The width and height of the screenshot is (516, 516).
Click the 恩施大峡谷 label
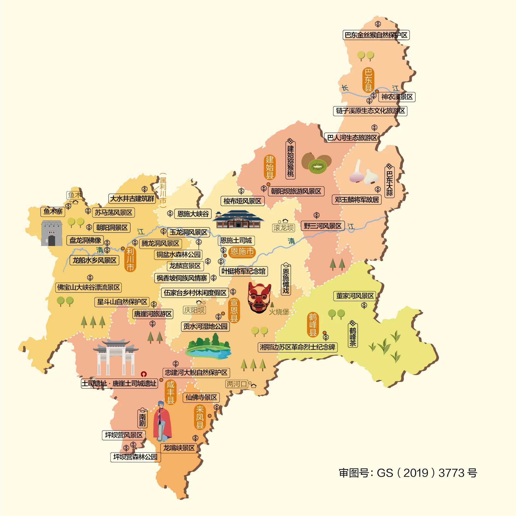click(x=193, y=213)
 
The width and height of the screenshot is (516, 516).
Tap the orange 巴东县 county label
click(x=368, y=80)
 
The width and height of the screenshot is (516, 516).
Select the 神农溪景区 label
click(x=397, y=97)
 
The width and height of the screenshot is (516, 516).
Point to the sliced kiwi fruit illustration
click(x=317, y=164)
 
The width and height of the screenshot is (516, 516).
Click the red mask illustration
click(x=259, y=298)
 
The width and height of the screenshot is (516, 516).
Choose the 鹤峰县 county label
click(x=313, y=325)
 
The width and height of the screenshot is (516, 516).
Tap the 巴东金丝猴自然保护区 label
click(x=376, y=35)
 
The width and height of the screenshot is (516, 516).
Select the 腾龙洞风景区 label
click(x=160, y=243)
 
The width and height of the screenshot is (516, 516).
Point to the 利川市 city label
click(x=130, y=259)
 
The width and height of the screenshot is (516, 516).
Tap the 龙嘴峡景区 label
click(x=179, y=448)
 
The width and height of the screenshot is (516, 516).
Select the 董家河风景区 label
click(x=355, y=296)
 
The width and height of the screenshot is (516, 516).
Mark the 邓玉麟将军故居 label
click(x=357, y=200)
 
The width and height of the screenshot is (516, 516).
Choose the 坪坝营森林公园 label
click(x=135, y=457)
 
